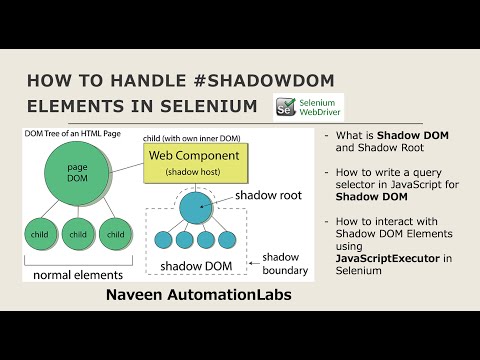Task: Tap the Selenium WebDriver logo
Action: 308,108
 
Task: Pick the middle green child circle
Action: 76,235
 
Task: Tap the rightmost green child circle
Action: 115,235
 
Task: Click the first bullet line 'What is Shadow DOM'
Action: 374,135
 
